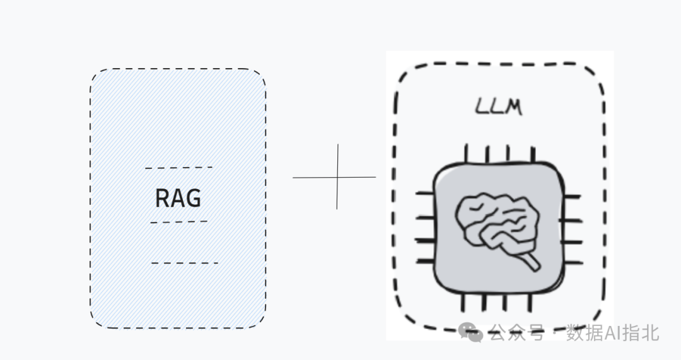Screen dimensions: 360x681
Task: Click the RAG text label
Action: pos(178,198)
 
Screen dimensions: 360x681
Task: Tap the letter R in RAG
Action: pos(162,198)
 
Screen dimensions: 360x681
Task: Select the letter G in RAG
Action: pos(194,198)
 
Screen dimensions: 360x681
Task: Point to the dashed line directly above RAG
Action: pos(178,168)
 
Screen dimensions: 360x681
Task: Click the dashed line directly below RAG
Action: pos(178,222)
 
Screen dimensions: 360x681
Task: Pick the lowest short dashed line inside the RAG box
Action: pos(184,263)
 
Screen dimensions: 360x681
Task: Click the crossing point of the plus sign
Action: pos(337,177)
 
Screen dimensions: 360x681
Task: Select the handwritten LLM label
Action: pos(498,107)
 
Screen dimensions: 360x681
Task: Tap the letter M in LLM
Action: pos(512,107)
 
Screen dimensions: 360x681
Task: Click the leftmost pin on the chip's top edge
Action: pos(467,153)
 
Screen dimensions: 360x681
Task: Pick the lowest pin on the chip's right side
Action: pos(571,260)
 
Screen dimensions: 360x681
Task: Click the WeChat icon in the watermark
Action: pos(471,332)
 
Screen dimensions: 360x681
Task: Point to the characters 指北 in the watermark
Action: pos(639,332)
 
